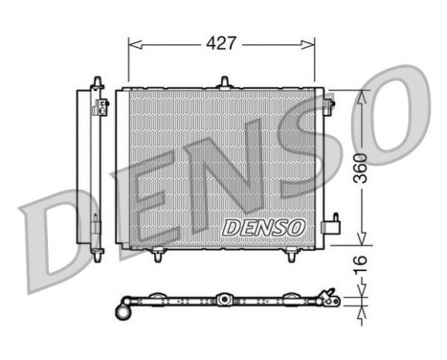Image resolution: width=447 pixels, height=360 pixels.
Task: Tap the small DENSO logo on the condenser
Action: pos(263,228)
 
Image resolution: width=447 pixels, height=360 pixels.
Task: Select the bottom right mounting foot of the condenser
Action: pos(291,256)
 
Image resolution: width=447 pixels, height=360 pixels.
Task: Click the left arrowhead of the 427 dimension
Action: pos(132,44)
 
